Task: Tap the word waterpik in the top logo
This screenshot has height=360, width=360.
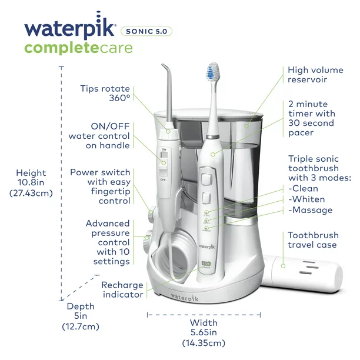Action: pyautogui.click(x=70, y=29)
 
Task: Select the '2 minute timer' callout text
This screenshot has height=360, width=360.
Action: pyautogui.click(x=311, y=118)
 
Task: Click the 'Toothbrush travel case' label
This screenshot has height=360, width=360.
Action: pyautogui.click(x=312, y=240)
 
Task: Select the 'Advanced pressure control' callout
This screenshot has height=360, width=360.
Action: pyautogui.click(x=107, y=242)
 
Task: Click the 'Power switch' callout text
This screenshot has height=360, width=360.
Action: pyautogui.click(x=100, y=186)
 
